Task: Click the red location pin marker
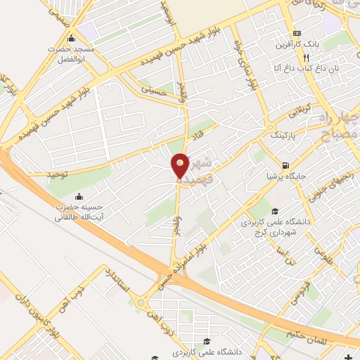(x=181, y=166)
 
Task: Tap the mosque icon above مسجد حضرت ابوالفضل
(x=70, y=38)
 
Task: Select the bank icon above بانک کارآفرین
(x=297, y=32)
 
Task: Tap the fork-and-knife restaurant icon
(x=306, y=56)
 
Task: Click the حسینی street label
(x=155, y=91)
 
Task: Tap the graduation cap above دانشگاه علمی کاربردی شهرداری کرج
(x=276, y=211)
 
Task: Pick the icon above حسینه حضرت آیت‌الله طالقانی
(x=79, y=196)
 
